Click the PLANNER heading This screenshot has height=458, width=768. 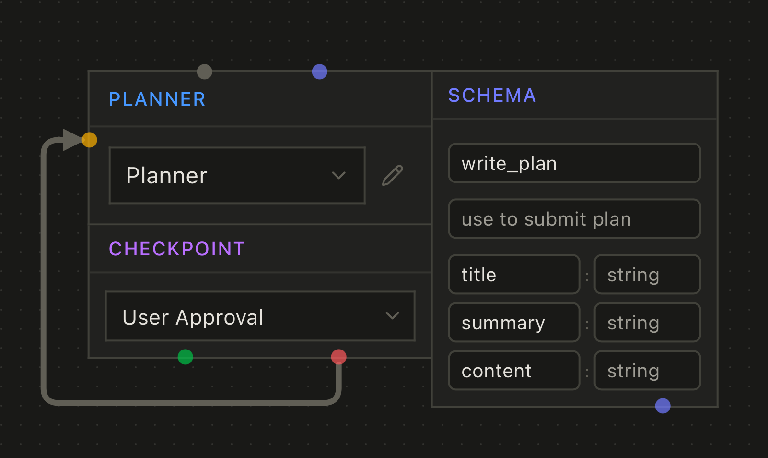[157, 99]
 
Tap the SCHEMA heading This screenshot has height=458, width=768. [492, 96]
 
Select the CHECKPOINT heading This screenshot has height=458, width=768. [177, 249]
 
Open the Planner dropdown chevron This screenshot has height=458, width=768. [339, 175]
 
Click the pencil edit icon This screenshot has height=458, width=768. [393, 175]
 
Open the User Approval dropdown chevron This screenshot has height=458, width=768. [393, 315]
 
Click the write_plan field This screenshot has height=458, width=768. [574, 163]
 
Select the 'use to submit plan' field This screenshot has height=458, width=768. [574, 219]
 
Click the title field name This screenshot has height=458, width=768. [514, 275]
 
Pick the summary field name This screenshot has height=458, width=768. [514, 323]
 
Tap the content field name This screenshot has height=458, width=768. [514, 371]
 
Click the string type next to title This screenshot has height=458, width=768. [647, 275]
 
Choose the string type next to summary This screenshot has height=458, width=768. [647, 323]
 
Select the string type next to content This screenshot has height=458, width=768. [647, 371]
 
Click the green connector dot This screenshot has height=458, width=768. [186, 357]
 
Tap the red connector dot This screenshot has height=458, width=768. [339, 357]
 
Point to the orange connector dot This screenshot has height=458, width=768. [90, 140]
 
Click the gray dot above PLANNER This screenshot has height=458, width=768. [205, 72]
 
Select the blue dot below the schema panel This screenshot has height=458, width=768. [663, 406]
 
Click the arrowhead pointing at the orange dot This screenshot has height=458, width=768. [72, 140]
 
